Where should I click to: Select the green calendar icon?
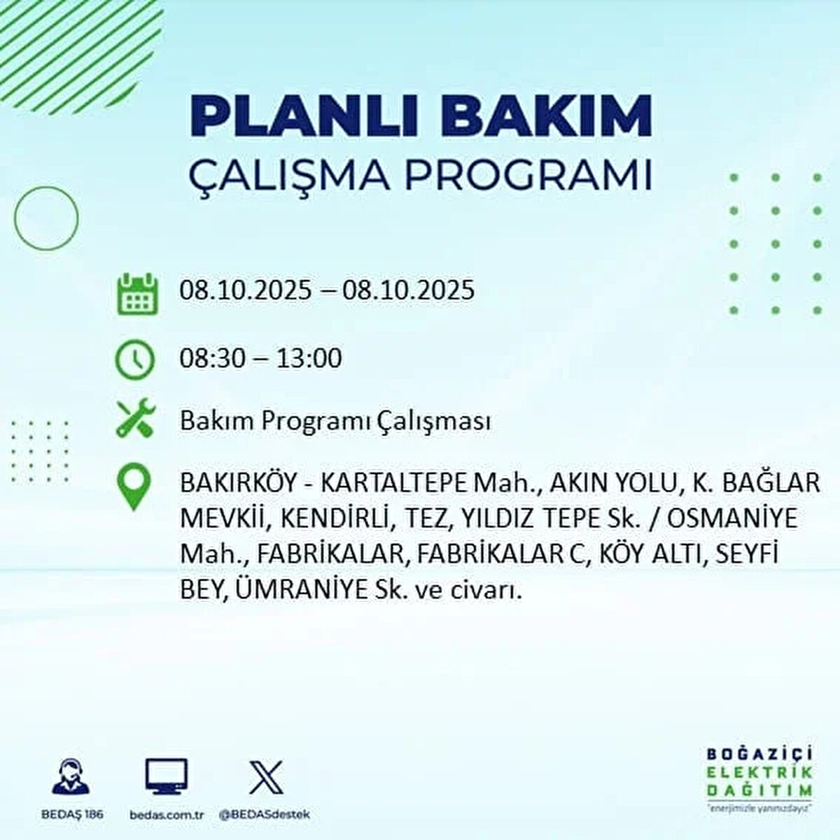coord(137,294)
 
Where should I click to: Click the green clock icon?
coord(134,360)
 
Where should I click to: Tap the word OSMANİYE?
coord(732,519)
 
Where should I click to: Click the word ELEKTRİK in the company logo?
coord(759,773)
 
